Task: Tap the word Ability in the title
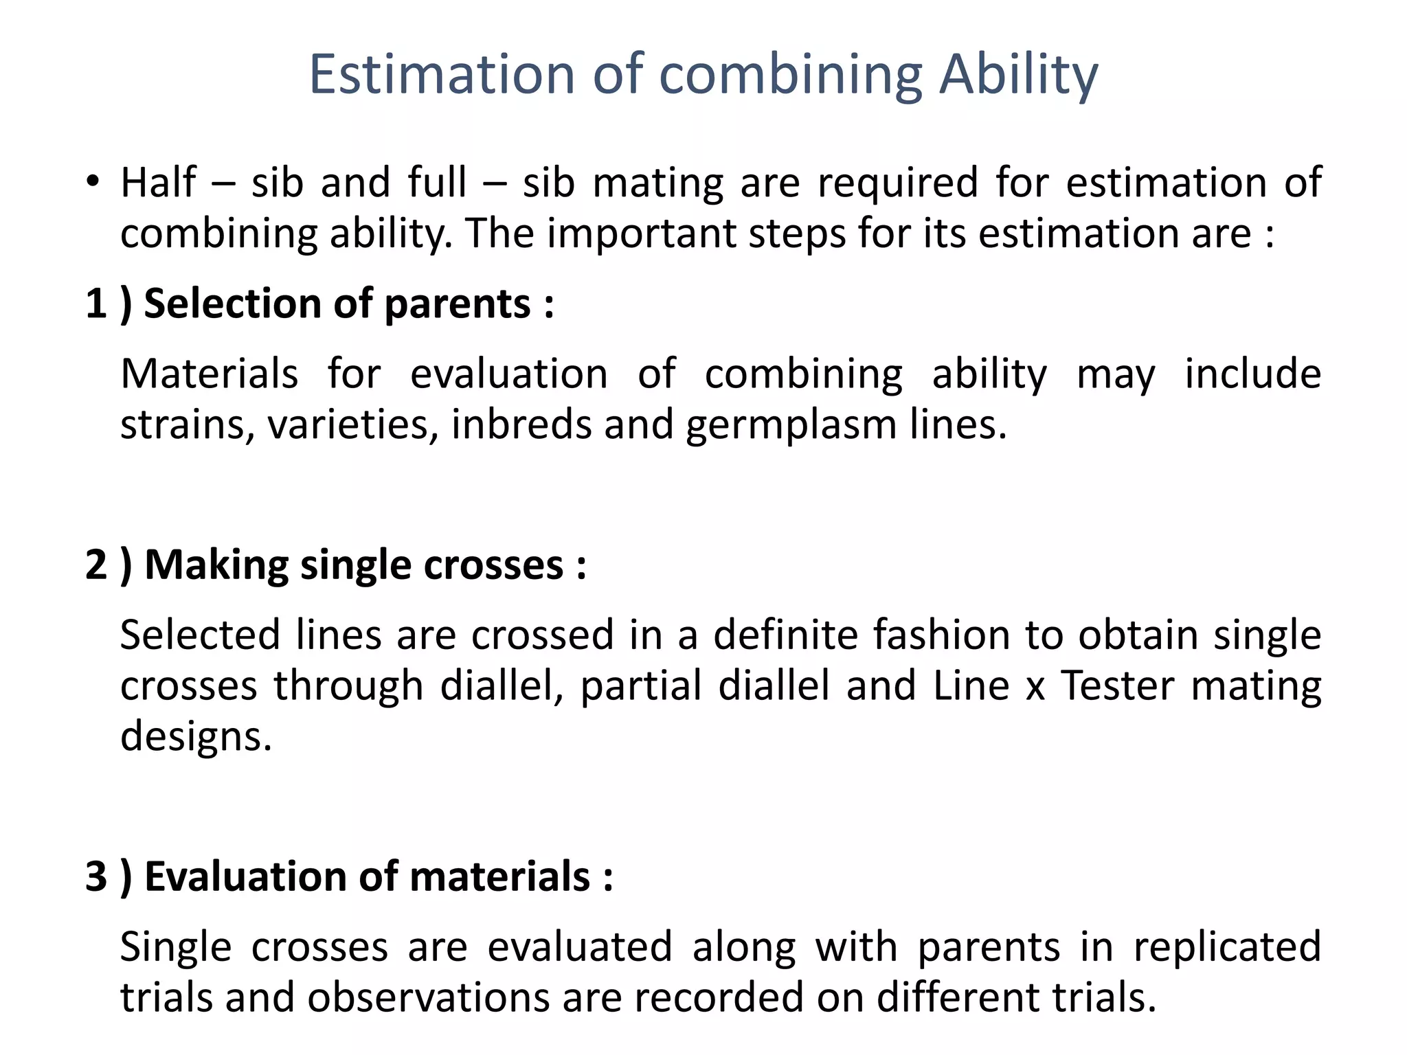pos(1019,76)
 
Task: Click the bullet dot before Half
pos(93,182)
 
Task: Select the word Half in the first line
pos(158,183)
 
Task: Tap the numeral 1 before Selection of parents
pos(96,304)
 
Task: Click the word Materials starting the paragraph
pos(210,375)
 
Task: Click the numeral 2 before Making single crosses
pos(96,565)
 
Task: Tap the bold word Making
pos(216,566)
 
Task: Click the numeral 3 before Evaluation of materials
pos(96,876)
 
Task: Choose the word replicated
pos(1227,947)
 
